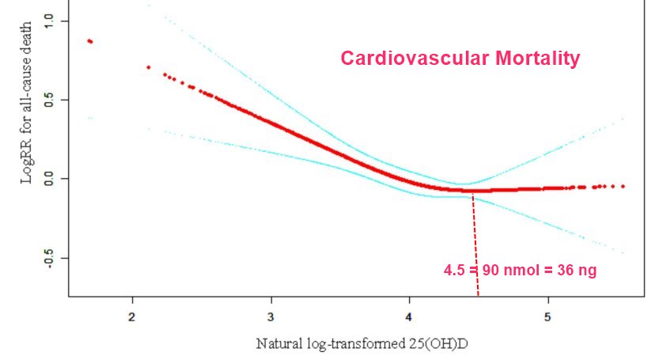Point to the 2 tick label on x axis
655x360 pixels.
click(x=131, y=317)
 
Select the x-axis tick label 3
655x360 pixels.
click(x=271, y=317)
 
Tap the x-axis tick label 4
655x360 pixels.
click(x=409, y=317)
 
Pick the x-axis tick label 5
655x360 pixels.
click(x=548, y=317)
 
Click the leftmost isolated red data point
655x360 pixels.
click(x=90, y=41)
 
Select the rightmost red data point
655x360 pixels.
click(x=623, y=186)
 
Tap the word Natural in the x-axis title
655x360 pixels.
click(x=275, y=344)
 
